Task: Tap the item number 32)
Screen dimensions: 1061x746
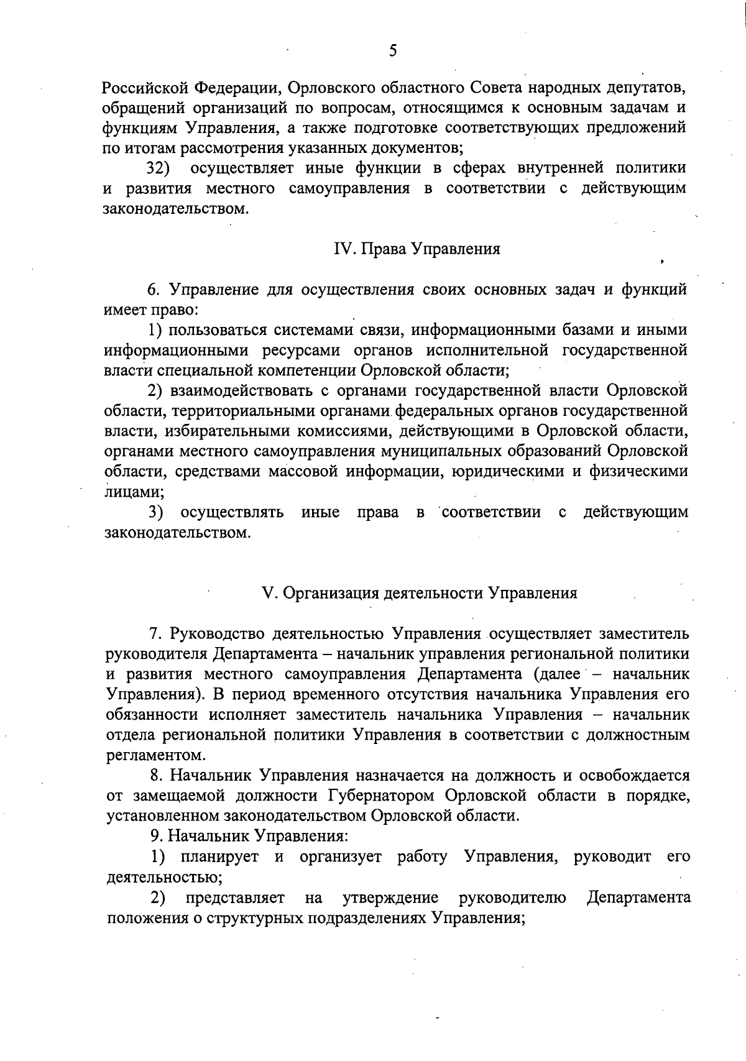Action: click(159, 168)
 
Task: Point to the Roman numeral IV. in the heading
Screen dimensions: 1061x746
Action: click(344, 249)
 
